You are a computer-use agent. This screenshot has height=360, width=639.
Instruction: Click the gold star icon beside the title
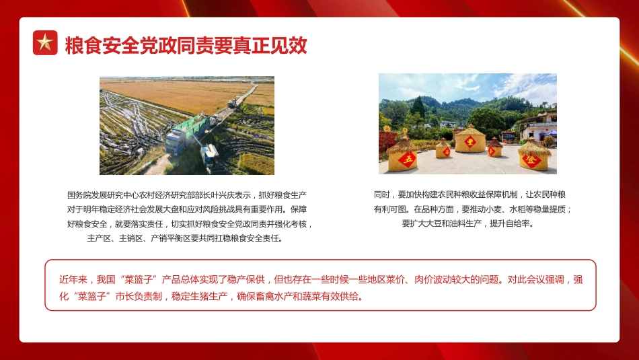coord(45,43)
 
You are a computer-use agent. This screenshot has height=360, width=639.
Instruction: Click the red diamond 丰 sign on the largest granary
coord(470,142)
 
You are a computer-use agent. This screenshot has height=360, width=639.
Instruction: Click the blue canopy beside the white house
coord(550,133)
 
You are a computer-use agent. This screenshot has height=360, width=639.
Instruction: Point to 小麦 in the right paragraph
coord(496,209)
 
